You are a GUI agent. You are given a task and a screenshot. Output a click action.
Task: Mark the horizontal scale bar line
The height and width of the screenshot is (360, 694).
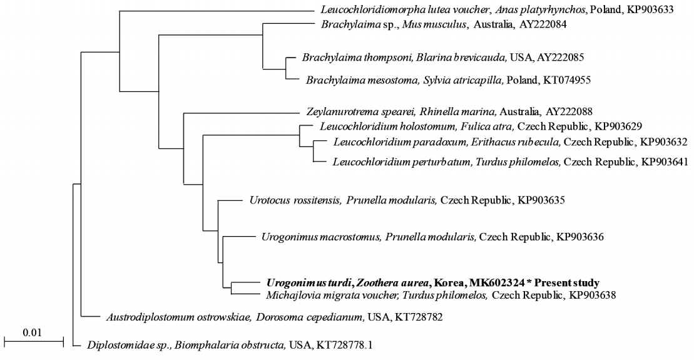(34, 341)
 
